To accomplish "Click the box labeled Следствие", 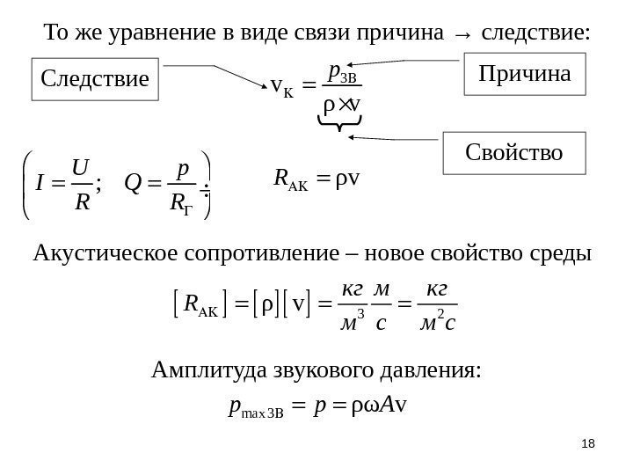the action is (x=91, y=80).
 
